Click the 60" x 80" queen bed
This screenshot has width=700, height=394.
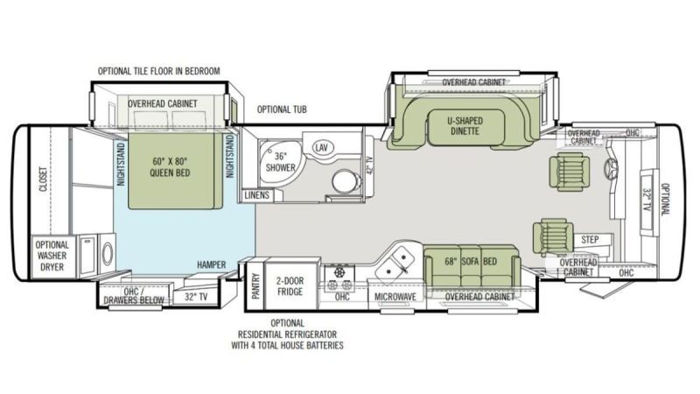coord(175,171)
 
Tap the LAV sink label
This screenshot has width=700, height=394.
coord(321,147)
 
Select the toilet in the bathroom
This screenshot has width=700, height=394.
coord(346,181)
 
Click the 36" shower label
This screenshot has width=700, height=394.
coord(280,162)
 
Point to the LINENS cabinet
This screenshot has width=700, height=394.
coord(257,195)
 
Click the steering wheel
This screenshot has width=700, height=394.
coord(611,168)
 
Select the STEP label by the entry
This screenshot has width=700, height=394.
coord(590,240)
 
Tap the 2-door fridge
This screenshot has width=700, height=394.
coord(290,286)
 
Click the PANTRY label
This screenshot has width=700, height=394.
coord(255,286)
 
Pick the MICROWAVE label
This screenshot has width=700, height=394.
coord(395,297)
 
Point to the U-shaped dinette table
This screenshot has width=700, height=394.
coord(465,126)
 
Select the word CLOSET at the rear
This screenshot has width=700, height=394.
coord(43,179)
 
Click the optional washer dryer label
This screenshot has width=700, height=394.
coord(52,256)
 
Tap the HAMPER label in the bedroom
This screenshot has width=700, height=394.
coord(211,265)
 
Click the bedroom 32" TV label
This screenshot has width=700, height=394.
coord(196,297)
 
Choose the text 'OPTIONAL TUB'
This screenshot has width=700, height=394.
coord(282,109)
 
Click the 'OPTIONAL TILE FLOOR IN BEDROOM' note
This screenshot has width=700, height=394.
coord(159,71)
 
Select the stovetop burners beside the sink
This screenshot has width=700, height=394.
coord(339,278)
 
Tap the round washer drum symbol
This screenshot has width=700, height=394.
coord(108,253)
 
